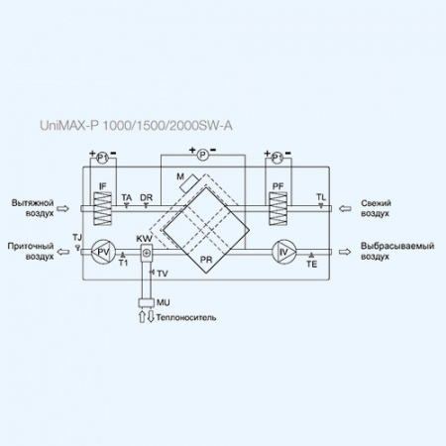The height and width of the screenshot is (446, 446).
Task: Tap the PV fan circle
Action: coord(101,252)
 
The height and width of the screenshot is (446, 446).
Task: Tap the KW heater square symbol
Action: coord(147,253)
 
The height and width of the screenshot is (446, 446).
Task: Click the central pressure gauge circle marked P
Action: coord(202,155)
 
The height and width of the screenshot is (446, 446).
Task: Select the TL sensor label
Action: coord(320,197)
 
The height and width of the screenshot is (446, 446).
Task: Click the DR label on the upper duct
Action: coord(146,197)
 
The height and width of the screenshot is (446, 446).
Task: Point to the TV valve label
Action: coord(162,273)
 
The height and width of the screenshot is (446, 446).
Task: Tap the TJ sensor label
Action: coord(77,237)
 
